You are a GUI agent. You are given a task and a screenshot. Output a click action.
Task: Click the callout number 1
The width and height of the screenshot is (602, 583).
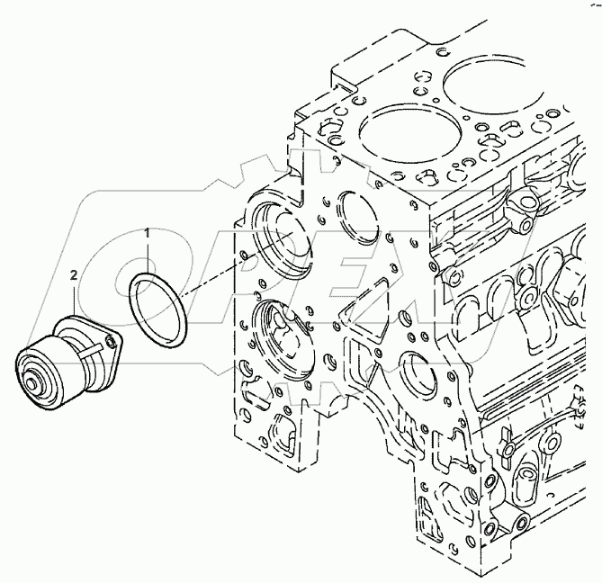pyautogui.click(x=148, y=236)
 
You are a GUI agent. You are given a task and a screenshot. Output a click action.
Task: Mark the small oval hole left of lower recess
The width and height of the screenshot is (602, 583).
pyautogui.click(x=243, y=369)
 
